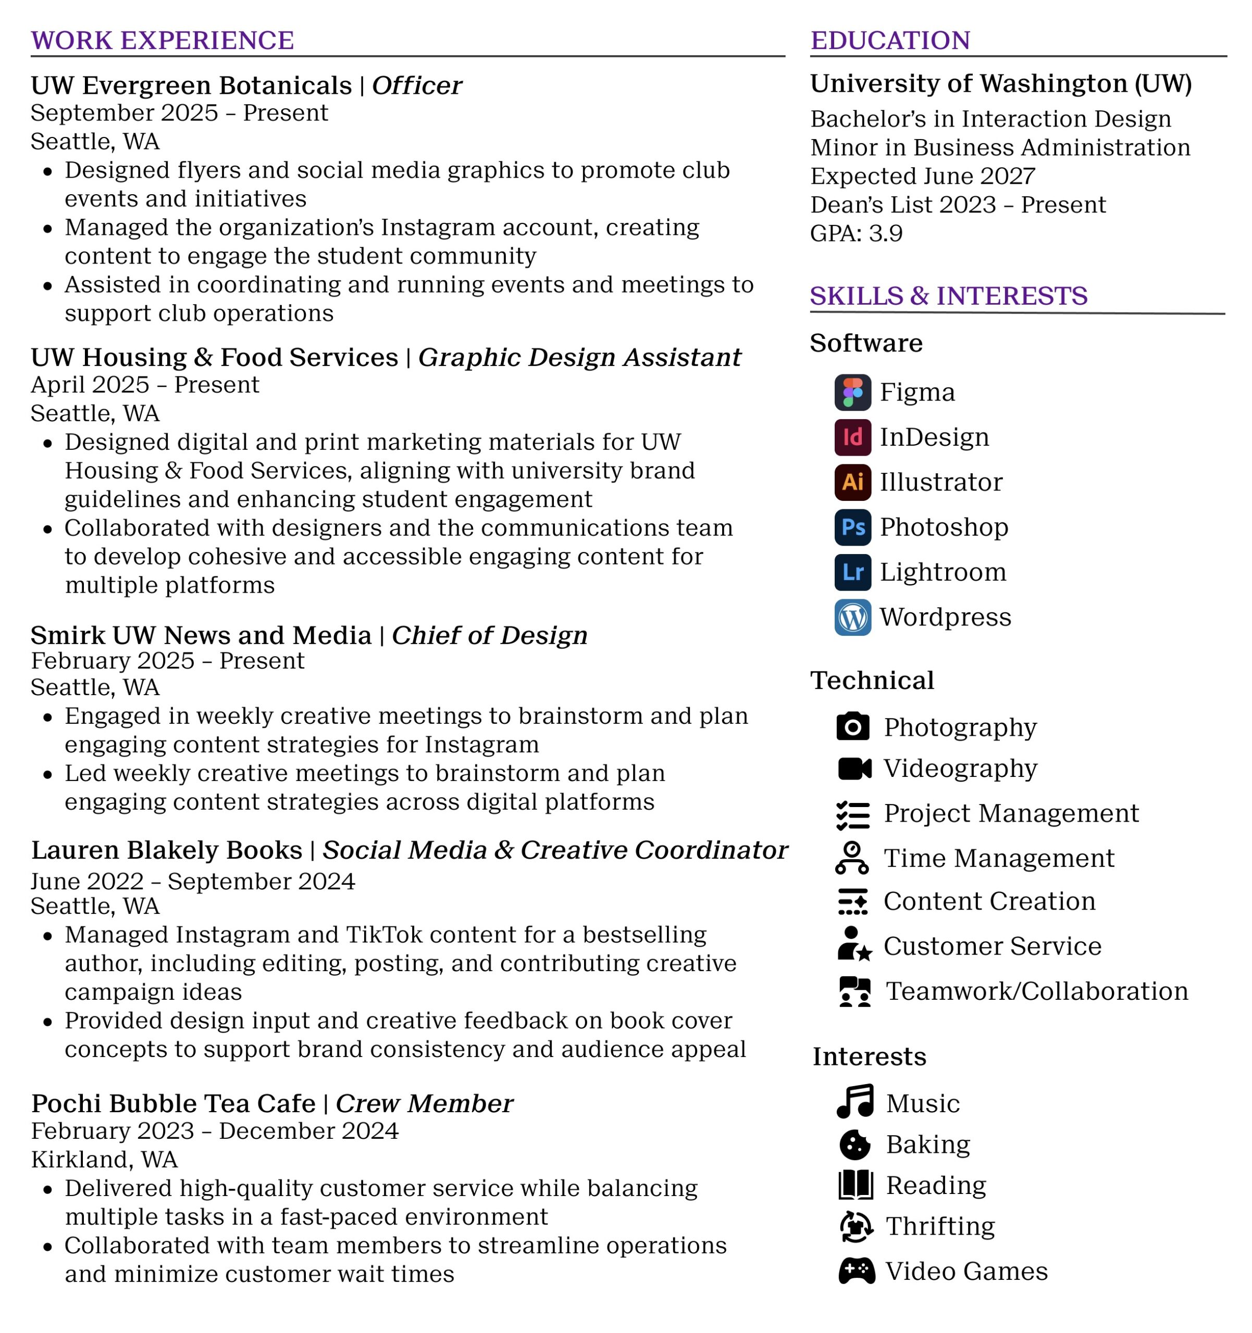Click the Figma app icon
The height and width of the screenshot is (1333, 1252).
click(852, 392)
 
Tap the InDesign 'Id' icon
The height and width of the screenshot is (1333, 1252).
click(852, 437)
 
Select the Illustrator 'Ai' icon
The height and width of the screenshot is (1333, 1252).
click(852, 482)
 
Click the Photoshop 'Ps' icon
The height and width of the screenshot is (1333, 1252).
click(852, 527)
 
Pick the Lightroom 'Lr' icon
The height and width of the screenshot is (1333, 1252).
click(852, 572)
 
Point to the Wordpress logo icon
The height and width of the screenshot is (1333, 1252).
click(852, 617)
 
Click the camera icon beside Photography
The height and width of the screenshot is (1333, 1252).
click(852, 727)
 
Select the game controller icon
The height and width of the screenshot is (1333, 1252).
click(856, 1271)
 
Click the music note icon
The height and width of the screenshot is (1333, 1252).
click(855, 1101)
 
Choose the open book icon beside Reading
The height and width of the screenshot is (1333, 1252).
click(855, 1185)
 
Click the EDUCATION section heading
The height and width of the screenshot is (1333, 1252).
click(890, 40)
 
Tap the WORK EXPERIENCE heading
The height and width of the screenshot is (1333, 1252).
click(163, 40)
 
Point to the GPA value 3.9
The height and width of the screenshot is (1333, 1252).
click(885, 233)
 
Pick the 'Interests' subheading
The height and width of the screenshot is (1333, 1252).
click(869, 1057)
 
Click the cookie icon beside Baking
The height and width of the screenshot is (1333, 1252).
click(855, 1145)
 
